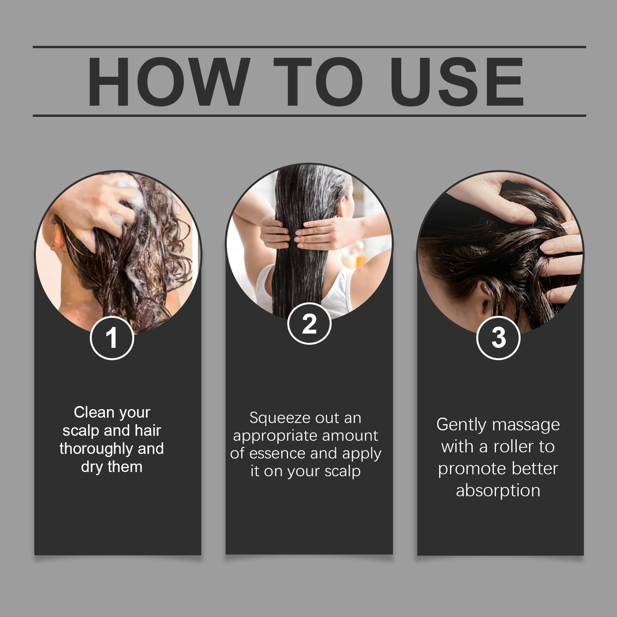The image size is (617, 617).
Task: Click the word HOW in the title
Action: point(167,82)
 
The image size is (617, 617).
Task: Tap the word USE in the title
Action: point(459,82)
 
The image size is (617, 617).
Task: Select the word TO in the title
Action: point(319,82)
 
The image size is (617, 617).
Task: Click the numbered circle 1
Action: point(112,338)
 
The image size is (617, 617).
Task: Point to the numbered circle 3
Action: point(499,338)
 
